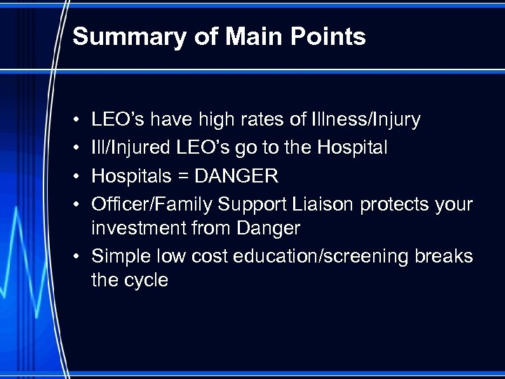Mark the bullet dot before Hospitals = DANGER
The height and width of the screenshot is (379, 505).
pos(75,177)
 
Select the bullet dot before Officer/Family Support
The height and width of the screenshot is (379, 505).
pos(75,205)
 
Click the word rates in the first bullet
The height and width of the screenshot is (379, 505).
pos(261,120)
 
